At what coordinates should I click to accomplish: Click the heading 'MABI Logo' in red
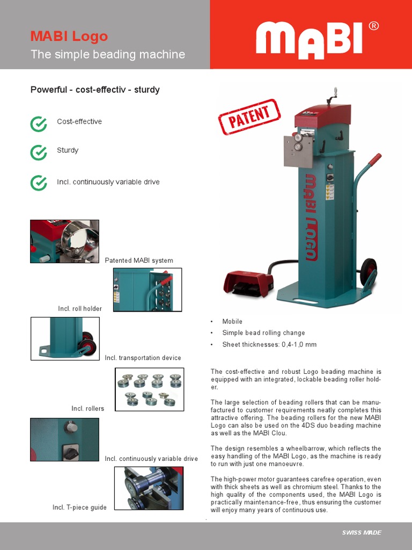69,37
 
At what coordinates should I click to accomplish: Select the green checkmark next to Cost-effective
39,124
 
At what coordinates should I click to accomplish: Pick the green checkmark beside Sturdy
39,153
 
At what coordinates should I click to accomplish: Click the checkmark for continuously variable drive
39,183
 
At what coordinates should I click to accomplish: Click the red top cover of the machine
323,114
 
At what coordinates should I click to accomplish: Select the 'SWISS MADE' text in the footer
362,532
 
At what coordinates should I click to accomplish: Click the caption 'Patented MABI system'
139,260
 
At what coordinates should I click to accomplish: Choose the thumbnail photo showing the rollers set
150,389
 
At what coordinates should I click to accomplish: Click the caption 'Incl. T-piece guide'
79,507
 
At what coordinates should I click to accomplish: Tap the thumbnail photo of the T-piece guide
149,488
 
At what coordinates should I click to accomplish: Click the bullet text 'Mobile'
232,321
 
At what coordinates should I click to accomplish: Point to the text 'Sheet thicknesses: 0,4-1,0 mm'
269,344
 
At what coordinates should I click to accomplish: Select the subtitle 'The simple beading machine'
108,54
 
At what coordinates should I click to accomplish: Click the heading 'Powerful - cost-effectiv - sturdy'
95,90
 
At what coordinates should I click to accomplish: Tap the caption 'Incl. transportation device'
143,358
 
